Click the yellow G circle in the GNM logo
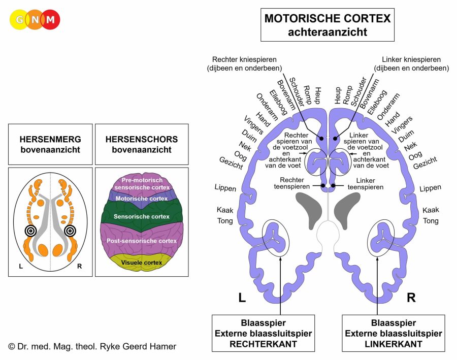19,19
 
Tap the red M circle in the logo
50,19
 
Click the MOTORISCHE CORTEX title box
328,25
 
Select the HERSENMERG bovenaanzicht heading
50,144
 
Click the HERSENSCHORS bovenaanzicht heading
142,144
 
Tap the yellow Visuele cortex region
142,263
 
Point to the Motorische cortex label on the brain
142,199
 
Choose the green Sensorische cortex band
142,216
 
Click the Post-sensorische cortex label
142,241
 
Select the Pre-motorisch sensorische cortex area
142,184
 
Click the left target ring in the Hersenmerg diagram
30,231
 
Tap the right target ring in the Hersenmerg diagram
70,231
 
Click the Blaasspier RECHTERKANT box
263,333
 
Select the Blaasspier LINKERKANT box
394,333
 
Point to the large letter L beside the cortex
242,298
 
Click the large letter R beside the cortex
411,298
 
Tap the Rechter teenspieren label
292,183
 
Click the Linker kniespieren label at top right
411,64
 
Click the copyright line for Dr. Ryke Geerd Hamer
92,346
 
